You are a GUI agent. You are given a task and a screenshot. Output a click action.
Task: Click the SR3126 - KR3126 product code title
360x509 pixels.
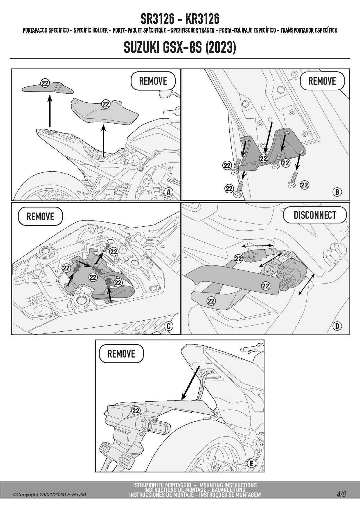click(x=180, y=19)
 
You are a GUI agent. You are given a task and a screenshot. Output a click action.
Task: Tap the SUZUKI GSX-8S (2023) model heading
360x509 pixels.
click(x=180, y=47)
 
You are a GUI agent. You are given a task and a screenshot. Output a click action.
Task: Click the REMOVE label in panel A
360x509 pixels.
click(x=153, y=81)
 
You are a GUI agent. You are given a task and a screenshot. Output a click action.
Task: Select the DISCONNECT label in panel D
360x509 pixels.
click(x=315, y=215)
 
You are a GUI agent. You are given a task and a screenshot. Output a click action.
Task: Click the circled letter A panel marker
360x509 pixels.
click(x=168, y=192)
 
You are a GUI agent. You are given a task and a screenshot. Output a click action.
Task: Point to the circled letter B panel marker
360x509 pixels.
click(x=337, y=192)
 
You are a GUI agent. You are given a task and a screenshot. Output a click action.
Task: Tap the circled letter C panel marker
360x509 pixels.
click(x=169, y=326)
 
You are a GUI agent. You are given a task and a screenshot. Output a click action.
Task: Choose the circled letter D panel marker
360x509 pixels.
click(x=337, y=326)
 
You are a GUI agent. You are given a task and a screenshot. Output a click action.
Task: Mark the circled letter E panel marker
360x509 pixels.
click(x=251, y=463)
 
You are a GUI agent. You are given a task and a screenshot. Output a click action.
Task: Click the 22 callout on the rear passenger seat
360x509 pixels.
click(x=45, y=83)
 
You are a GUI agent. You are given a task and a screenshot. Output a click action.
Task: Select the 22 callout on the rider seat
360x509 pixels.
click(x=106, y=104)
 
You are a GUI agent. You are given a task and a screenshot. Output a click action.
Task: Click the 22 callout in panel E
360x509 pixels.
click(x=136, y=411)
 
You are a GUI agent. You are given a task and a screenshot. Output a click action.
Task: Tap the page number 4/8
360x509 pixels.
click(x=341, y=494)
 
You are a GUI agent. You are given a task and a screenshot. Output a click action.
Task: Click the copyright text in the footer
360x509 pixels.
click(x=49, y=494)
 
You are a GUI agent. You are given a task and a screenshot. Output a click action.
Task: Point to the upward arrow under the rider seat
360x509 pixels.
click(x=103, y=139)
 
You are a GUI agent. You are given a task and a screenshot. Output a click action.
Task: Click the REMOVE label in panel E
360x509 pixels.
click(x=121, y=354)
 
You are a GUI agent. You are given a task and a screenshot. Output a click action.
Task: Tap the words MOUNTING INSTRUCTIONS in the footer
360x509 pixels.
click(x=228, y=485)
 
